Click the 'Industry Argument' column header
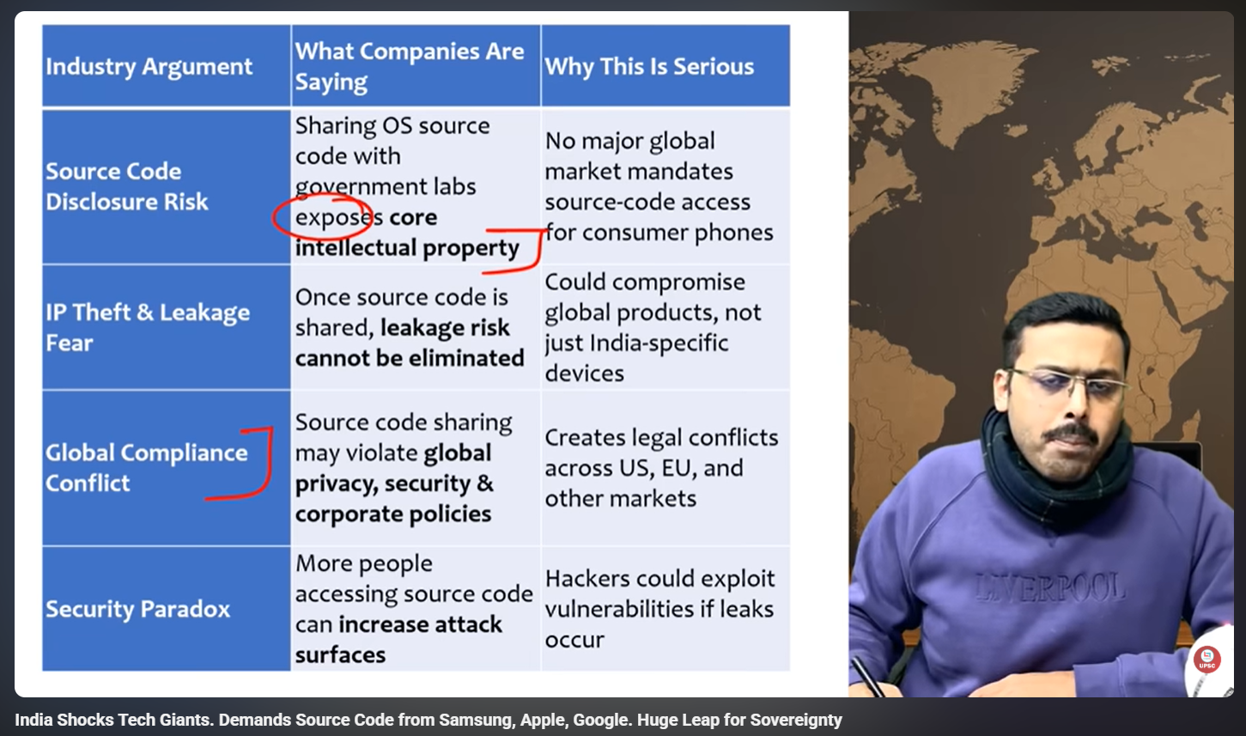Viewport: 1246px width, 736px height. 149,67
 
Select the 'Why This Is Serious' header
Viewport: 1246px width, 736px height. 649,67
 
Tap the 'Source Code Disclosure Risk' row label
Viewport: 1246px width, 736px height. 127,186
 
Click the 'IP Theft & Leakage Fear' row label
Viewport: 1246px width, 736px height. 148,327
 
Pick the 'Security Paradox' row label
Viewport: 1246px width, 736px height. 137,609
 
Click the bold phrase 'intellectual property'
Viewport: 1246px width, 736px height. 407,248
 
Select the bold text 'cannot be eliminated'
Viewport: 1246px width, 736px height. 410,358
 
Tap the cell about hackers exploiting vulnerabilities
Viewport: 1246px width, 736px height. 659,609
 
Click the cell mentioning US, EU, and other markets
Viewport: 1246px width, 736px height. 661,468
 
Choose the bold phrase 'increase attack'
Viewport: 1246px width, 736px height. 421,624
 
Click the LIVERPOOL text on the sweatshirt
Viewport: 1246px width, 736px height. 1050,588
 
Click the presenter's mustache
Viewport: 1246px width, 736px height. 1071,433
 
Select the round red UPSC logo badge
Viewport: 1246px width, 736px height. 1207,660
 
